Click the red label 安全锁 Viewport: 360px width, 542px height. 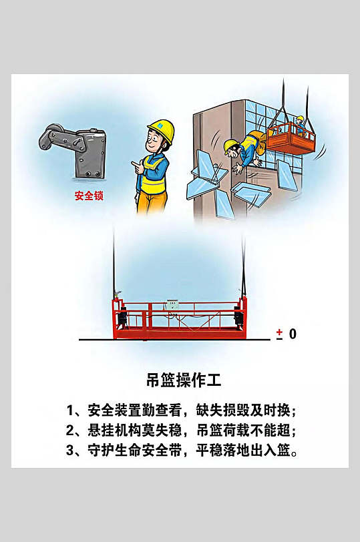coord(89,196)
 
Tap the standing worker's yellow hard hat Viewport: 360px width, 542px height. coord(162,129)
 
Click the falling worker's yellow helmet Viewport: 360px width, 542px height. coord(230,146)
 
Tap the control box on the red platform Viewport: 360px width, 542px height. coord(174,304)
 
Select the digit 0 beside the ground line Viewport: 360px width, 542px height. coord(293,334)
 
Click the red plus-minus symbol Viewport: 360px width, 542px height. coord(279,334)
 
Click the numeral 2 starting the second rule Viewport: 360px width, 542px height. coord(70,430)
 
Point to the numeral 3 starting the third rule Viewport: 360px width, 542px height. coord(70,451)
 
